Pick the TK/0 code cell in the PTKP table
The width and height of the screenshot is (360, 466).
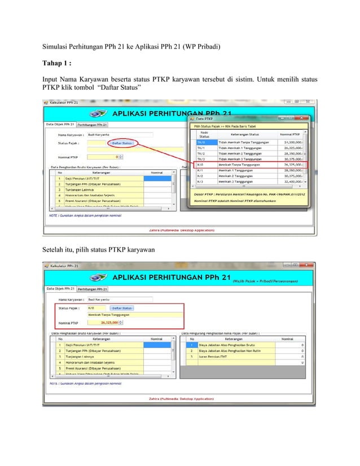[x=201, y=142]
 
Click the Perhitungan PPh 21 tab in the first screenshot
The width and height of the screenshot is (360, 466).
[x=93, y=125]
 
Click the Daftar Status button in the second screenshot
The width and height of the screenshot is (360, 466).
[x=121, y=308]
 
